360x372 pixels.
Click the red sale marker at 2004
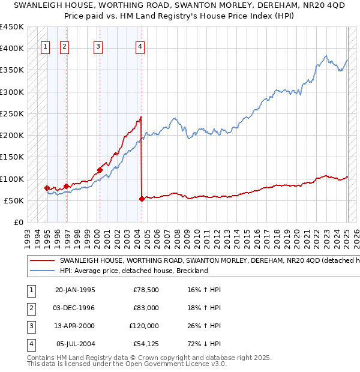[x=142, y=199]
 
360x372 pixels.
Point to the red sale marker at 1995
[x=47, y=188]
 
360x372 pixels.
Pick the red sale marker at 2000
[x=99, y=170]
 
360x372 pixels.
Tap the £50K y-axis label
[x=14, y=200]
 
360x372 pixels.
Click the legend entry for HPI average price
[x=133, y=271]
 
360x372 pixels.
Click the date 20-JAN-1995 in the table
[x=75, y=290]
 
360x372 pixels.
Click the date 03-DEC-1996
[x=75, y=308]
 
